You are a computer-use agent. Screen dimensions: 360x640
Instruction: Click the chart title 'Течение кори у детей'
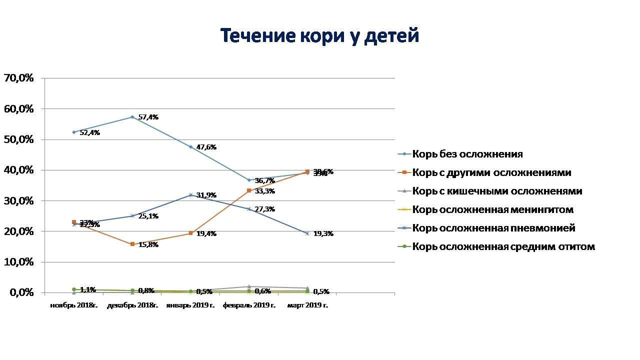319,36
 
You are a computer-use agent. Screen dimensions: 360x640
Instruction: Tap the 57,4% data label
148,117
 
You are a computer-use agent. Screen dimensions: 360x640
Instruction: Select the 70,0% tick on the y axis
18,78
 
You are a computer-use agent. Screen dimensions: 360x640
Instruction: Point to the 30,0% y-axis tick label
18,201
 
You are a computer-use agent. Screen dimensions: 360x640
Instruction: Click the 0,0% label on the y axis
21,293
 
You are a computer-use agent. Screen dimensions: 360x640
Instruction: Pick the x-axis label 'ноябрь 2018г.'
74,305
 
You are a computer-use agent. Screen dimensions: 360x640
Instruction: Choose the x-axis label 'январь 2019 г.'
190,305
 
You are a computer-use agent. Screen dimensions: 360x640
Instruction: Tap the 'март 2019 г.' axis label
307,305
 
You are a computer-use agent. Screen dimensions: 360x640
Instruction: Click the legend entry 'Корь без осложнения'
467,154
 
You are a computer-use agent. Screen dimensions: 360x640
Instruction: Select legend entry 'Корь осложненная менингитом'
492,210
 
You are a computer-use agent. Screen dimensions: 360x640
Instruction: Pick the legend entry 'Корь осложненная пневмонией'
493,228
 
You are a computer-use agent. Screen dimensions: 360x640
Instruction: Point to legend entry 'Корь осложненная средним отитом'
503,247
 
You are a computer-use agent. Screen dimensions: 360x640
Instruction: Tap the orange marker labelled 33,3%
249,190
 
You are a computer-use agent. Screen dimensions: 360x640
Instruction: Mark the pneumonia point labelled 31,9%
190,195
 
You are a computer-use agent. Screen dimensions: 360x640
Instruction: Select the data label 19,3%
323,234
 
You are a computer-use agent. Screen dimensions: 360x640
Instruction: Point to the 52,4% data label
90,133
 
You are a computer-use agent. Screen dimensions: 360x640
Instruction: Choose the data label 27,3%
265,209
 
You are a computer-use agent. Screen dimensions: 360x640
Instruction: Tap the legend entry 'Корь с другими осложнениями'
491,173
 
